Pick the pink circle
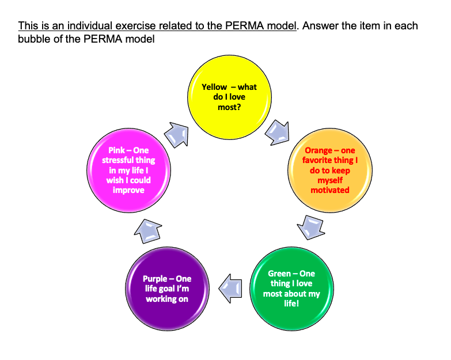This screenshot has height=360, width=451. tap(128, 171)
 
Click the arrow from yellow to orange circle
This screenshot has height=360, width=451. tap(277, 132)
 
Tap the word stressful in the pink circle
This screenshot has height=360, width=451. tap(128, 161)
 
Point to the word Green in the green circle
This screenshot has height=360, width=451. tap(279, 274)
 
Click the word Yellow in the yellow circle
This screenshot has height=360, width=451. tap(214, 87)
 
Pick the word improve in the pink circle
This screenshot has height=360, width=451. tap(128, 190)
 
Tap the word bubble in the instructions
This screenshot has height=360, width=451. tap(33, 39)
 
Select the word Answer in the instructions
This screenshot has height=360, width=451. tap(321, 26)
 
